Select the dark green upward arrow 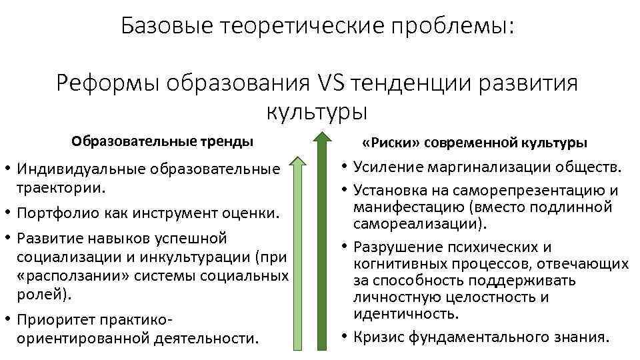[322, 240]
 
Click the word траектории [61, 187]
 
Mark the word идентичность [406, 313]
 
